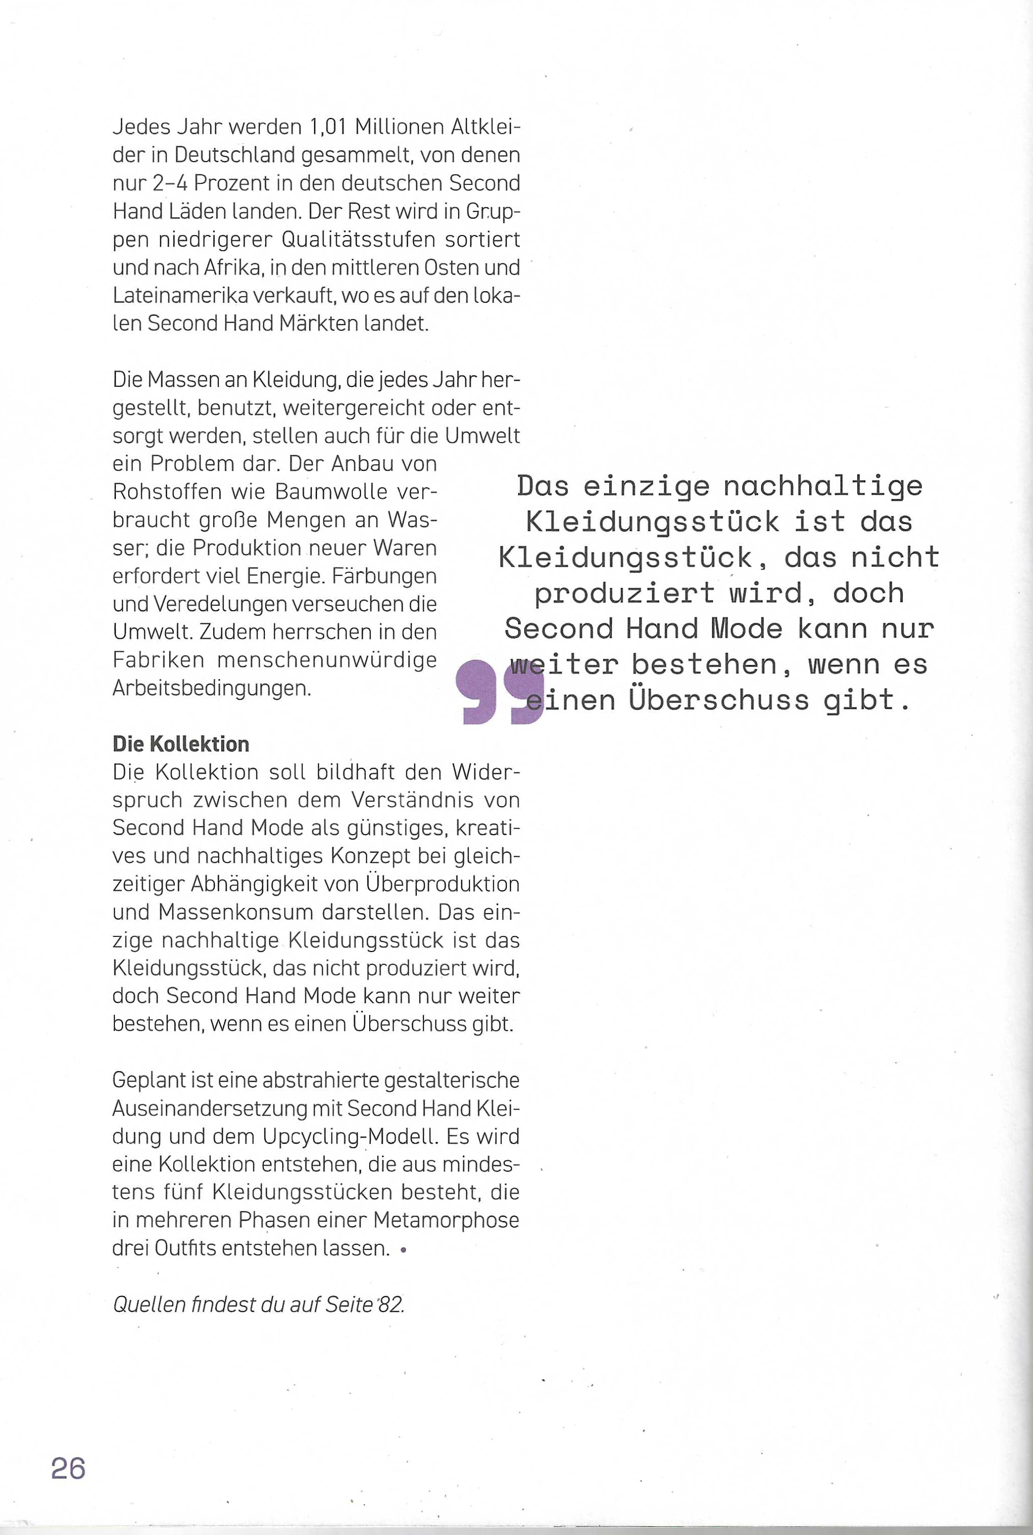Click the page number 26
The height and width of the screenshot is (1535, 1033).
[x=68, y=1469]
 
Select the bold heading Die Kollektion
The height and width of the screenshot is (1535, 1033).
[x=180, y=744]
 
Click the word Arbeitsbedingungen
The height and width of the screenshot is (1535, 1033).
[x=211, y=688]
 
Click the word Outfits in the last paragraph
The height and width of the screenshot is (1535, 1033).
[x=194, y=1248]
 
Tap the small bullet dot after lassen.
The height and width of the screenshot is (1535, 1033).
[x=403, y=1249]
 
